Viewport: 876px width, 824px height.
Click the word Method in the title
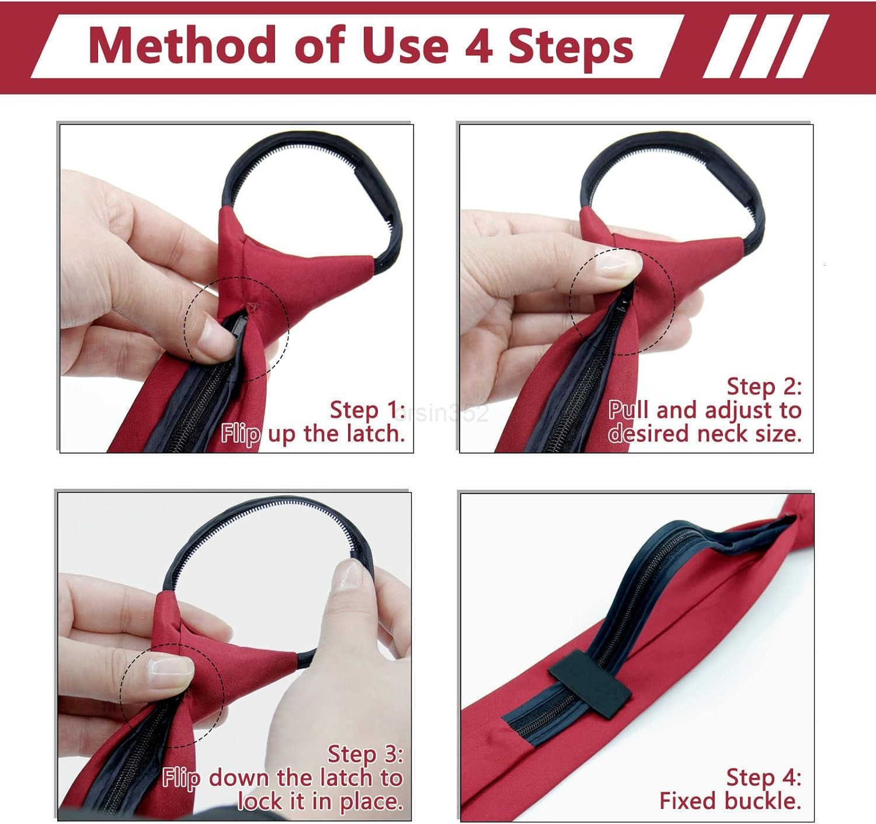tap(182, 46)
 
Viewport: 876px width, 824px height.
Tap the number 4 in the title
tap(478, 47)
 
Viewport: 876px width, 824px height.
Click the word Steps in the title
tap(571, 47)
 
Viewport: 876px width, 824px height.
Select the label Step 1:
tap(367, 410)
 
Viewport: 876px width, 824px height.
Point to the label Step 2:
tap(764, 387)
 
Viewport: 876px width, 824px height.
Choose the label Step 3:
tap(365, 754)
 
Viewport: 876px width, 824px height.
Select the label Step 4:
tap(763, 778)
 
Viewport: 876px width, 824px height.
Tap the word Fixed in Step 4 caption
tap(686, 801)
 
